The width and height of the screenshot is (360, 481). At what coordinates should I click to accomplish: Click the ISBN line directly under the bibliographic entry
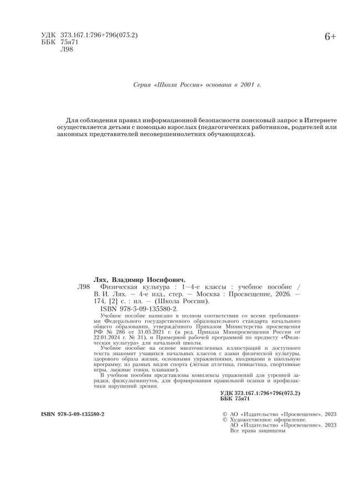point(138,309)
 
